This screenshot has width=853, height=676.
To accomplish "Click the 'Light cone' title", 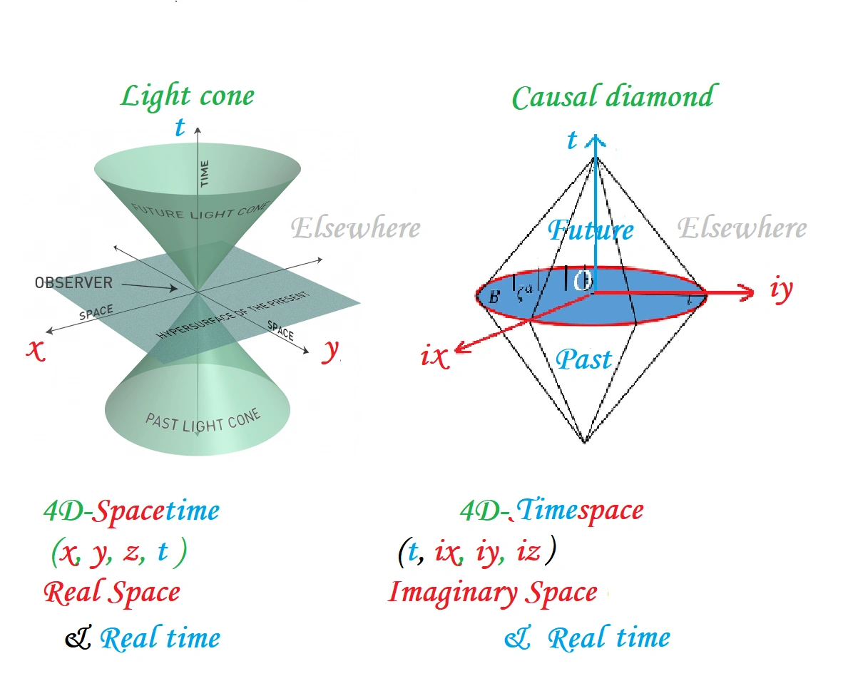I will point(187,96).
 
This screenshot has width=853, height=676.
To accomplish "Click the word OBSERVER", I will point(73,283).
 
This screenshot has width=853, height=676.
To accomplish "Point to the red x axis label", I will point(36,349).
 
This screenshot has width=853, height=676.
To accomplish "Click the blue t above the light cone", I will point(180,127).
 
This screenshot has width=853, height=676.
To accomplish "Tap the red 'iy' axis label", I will point(782,290).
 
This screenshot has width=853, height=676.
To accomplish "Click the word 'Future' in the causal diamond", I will point(591,230).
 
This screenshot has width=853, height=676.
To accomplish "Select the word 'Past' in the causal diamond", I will point(583,359).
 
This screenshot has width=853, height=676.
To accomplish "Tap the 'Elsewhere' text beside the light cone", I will point(355,228).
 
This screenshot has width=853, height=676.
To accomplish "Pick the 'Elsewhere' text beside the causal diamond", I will point(742,228).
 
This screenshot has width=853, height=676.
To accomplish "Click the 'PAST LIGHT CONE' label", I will point(203,420).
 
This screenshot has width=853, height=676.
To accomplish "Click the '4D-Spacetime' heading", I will point(131,511).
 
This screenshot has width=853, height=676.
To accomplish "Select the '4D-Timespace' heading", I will point(552,510).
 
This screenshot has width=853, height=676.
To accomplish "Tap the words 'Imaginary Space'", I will point(492,592).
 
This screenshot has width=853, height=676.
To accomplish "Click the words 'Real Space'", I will point(111,591).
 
